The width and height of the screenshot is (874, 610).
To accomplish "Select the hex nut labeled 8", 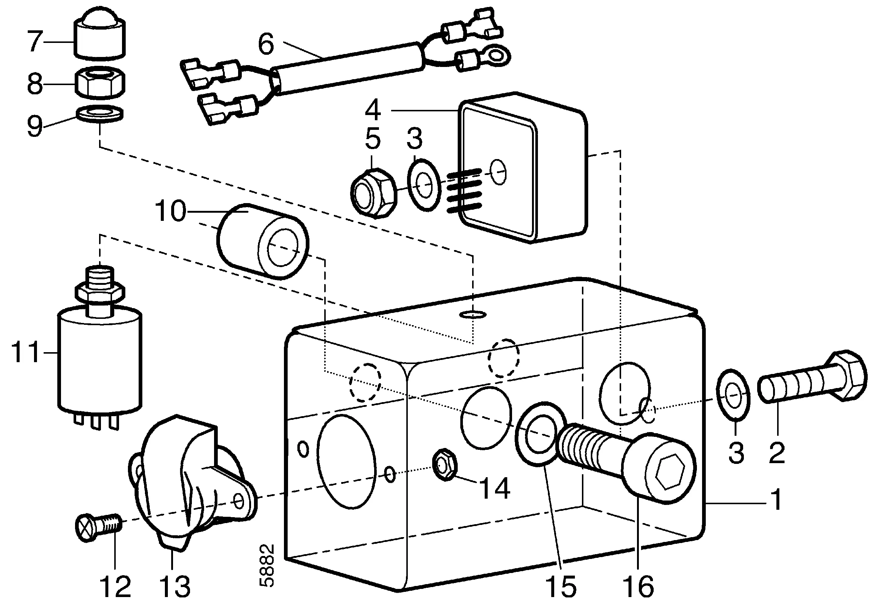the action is click(x=100, y=82).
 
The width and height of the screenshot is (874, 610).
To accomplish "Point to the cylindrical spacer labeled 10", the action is click(x=262, y=242).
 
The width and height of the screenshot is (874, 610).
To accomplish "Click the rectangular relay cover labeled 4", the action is click(x=523, y=168).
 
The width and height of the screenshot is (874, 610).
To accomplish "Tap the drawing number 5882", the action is click(x=267, y=566).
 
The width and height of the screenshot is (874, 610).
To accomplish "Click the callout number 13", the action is click(x=175, y=586).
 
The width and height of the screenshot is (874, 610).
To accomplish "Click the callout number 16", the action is click(x=638, y=586).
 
